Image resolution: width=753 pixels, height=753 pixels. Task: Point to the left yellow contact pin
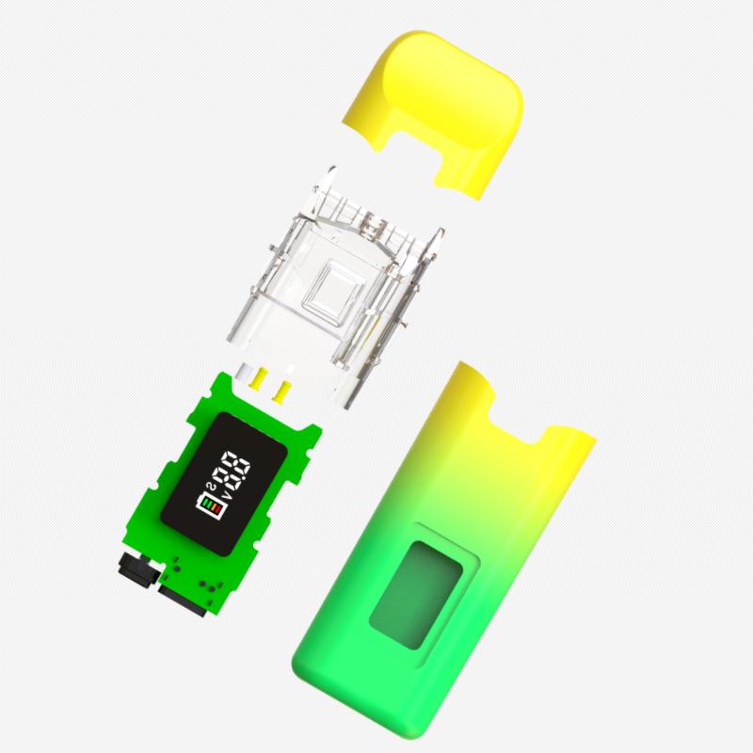255,378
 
